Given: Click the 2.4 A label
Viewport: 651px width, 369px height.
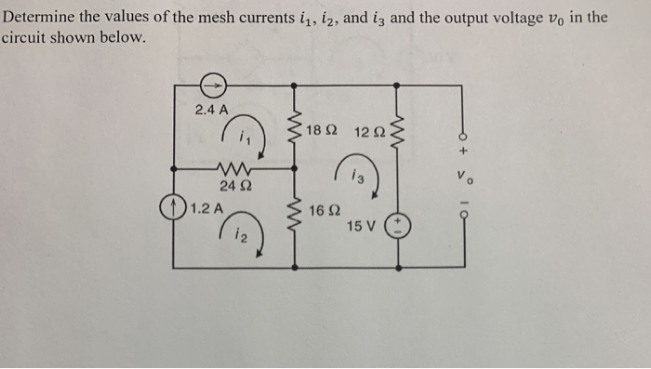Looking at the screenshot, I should pyautogui.click(x=211, y=110).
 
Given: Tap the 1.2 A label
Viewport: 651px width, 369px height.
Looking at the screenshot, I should pyautogui.click(x=206, y=207).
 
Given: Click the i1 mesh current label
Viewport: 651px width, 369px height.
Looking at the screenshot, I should pyautogui.click(x=245, y=140).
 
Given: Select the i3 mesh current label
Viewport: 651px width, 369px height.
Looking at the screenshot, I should pyautogui.click(x=358, y=177).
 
